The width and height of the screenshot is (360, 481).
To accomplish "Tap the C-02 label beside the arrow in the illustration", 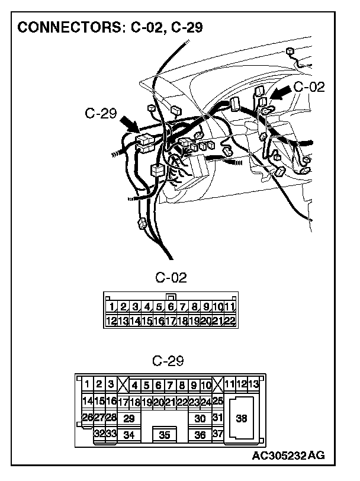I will click(x=309, y=86).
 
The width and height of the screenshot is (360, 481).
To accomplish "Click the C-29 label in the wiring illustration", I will click(x=100, y=113).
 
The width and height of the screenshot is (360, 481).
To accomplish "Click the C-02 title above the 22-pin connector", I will click(x=171, y=278).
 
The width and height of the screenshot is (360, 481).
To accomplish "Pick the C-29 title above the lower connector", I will click(x=168, y=361).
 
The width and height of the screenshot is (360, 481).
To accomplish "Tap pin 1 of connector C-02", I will click(x=111, y=307).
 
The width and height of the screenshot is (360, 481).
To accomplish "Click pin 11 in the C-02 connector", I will click(x=230, y=307).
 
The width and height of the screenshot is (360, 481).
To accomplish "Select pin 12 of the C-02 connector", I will click(x=111, y=321).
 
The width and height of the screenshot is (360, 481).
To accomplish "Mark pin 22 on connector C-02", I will click(x=230, y=321).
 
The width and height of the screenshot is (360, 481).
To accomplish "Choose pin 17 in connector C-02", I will click(x=171, y=321).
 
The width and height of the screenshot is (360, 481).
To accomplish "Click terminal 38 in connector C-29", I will click(x=242, y=418).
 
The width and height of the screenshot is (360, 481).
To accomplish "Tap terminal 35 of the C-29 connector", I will click(x=165, y=435).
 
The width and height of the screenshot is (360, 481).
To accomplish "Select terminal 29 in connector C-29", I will click(x=128, y=418).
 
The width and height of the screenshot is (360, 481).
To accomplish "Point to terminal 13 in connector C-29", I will click(x=254, y=384).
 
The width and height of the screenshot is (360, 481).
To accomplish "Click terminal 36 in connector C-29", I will click(x=200, y=435).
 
